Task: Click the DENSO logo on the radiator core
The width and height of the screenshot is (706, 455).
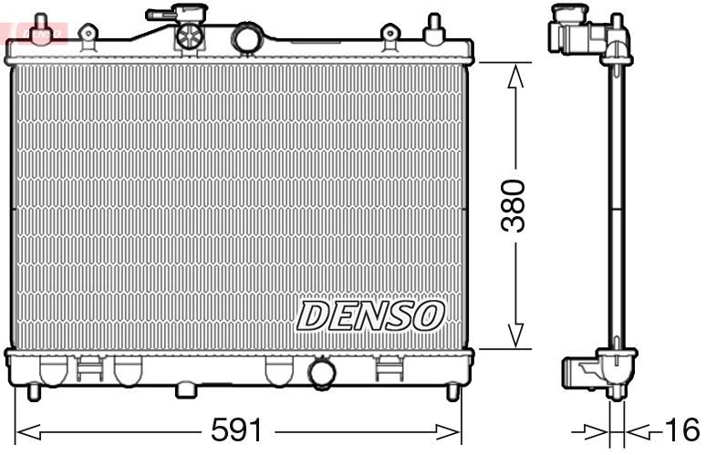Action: point(370,316)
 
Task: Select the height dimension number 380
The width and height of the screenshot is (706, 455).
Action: point(516,205)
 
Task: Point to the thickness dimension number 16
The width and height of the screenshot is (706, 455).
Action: point(681,429)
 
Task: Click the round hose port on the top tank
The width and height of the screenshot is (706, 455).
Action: point(246,37)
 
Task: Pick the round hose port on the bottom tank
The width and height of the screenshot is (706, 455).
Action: point(322,373)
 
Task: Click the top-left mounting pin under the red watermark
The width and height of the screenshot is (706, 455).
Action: point(39,30)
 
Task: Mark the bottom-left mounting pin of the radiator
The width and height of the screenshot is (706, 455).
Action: point(34,392)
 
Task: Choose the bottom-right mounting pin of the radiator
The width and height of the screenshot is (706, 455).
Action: point(452,392)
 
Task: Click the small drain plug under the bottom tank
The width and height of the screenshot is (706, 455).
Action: point(186,390)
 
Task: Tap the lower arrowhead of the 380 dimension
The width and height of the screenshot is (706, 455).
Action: point(516,336)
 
